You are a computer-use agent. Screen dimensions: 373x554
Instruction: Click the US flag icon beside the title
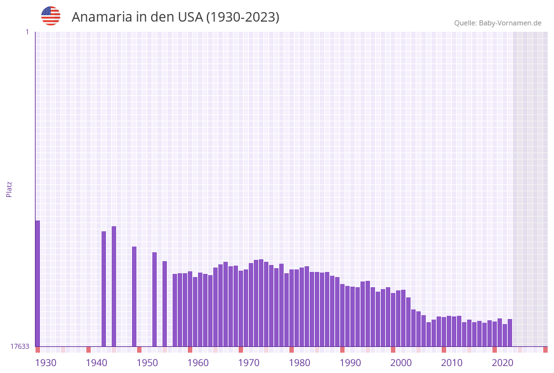click(51, 16)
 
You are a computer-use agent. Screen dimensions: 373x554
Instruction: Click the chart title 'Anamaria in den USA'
click(175, 17)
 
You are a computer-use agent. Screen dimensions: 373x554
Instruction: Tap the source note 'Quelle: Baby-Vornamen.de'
click(498, 23)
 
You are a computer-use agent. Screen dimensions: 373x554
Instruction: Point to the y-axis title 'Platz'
click(10, 189)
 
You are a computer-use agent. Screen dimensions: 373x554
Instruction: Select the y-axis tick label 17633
click(20, 346)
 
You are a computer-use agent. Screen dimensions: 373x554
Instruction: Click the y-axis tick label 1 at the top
click(27, 32)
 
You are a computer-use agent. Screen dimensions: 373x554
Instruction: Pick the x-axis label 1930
click(46, 363)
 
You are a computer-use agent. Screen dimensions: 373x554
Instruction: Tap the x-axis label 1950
click(147, 363)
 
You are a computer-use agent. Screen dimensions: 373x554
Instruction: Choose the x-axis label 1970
click(249, 363)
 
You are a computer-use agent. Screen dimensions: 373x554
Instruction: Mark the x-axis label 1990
click(350, 363)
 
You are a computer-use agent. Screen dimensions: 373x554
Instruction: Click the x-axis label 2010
click(452, 363)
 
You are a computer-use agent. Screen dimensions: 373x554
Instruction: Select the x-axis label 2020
click(503, 363)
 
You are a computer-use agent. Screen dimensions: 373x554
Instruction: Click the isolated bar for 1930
click(37, 283)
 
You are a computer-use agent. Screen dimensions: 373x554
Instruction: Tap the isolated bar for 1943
click(104, 288)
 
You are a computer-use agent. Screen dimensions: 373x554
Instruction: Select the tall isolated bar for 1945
click(114, 286)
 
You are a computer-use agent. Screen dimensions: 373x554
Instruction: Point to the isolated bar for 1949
click(135, 296)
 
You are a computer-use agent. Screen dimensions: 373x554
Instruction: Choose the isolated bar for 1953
click(154, 299)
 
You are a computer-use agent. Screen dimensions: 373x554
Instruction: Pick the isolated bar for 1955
click(165, 304)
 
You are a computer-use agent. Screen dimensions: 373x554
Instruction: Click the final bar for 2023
click(510, 332)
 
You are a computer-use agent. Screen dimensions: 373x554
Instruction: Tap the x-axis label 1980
click(300, 363)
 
